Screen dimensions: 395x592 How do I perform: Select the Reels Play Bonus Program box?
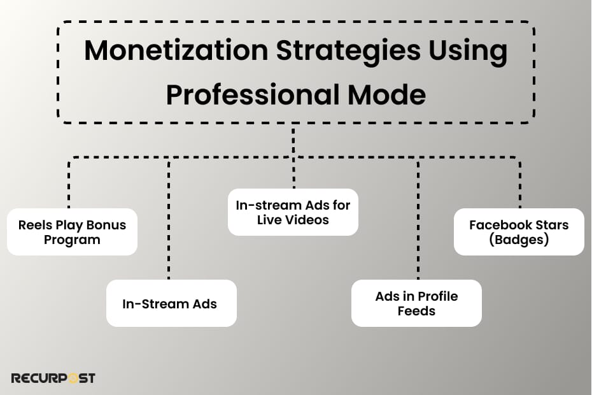click(72, 232)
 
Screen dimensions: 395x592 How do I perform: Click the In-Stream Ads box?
click(170, 304)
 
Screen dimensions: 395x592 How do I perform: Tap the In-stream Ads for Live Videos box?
click(293, 212)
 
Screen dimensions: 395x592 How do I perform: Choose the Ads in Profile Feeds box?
click(416, 304)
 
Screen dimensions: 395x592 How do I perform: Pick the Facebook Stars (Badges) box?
click(519, 232)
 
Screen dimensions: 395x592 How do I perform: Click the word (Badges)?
click(519, 240)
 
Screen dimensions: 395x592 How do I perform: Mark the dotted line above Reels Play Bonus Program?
click(69, 185)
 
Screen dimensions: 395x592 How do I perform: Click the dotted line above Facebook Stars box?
click(520, 185)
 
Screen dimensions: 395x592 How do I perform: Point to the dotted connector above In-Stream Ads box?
click(169, 223)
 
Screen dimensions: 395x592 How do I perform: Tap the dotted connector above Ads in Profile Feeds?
click(418, 223)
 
